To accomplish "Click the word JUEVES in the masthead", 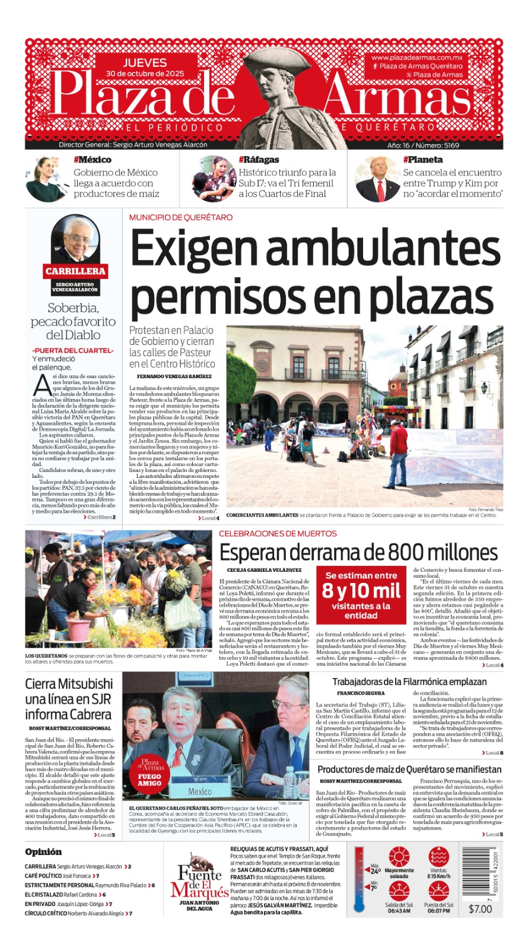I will click(x=145, y=62).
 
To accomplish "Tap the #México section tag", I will click(x=92, y=160).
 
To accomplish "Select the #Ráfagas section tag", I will click(x=259, y=160).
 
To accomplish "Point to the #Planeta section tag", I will click(x=422, y=160).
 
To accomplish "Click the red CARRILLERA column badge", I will click(x=75, y=271).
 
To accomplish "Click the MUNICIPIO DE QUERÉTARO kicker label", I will click(x=181, y=218).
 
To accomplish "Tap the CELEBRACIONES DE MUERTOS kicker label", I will click(x=278, y=534).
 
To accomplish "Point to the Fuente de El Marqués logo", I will click(x=199, y=882).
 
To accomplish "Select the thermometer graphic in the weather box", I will click(x=358, y=879).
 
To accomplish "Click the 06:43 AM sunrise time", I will click(x=399, y=911).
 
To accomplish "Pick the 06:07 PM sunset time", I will click(x=438, y=911).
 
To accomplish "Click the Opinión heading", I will click(x=43, y=852).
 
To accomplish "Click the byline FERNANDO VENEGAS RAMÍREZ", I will click(x=174, y=376).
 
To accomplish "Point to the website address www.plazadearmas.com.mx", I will click(x=416, y=58).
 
